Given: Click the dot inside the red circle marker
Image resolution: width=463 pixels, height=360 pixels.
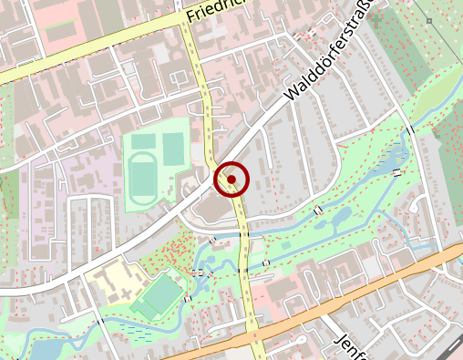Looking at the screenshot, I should pyautogui.click(x=231, y=180).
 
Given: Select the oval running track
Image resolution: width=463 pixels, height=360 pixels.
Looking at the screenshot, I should pyautogui.click(x=141, y=176).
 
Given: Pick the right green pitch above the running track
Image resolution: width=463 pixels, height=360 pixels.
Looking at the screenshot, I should pyautogui.click(x=172, y=146).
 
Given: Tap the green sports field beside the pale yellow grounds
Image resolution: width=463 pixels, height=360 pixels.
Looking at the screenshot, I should pyautogui.click(x=161, y=294).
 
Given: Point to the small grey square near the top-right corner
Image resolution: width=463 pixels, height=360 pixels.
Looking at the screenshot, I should pyautogui.click(x=428, y=20).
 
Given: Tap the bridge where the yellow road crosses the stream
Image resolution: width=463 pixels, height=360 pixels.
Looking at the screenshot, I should pyautogui.click(x=245, y=236).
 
